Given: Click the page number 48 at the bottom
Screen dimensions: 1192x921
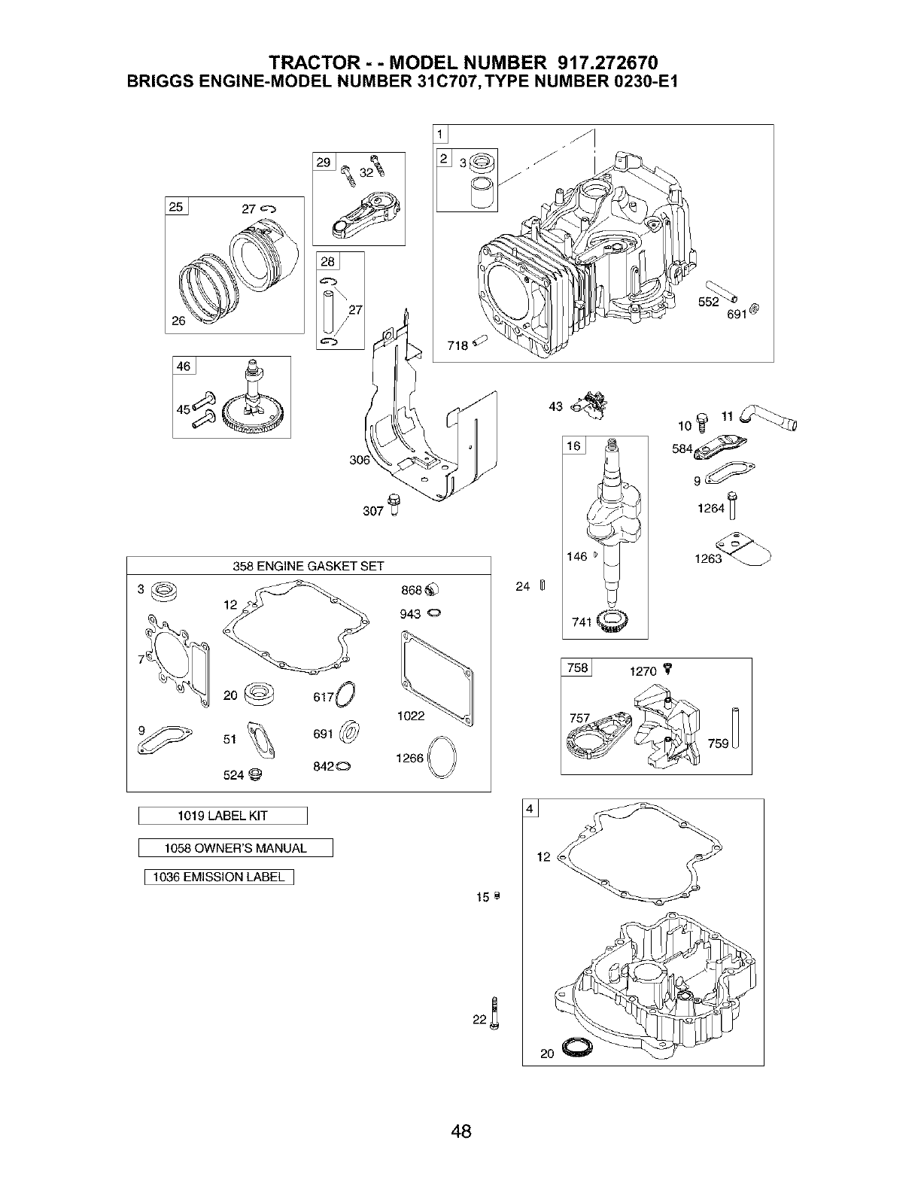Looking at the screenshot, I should click(x=460, y=1130).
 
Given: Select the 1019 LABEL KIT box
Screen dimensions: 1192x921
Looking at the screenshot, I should click(x=223, y=816).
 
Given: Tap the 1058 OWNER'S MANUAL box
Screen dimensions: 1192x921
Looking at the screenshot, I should click(x=236, y=848).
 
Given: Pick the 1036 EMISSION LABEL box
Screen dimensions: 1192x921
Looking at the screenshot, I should click(x=218, y=877).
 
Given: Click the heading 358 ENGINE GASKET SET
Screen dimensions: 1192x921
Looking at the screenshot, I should click(x=309, y=566).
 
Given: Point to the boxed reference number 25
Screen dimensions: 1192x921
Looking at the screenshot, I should click(x=177, y=207).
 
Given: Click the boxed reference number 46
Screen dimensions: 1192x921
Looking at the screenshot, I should click(x=184, y=366).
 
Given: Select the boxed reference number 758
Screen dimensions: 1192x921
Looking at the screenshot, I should click(x=577, y=668).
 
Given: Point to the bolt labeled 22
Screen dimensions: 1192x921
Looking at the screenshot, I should click(x=494, y=1011).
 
